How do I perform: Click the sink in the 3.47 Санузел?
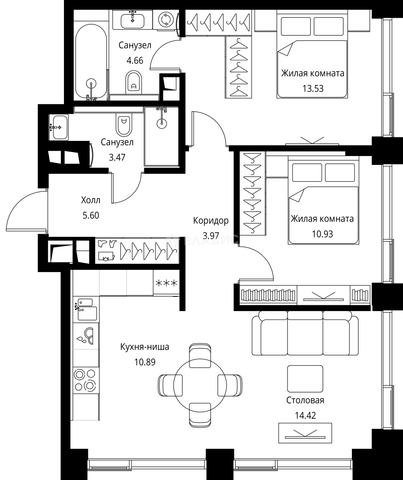tap(59, 127)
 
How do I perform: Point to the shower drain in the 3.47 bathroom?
tap(162, 124)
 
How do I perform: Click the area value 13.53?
tap(313, 88)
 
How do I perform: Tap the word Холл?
tap(91, 200)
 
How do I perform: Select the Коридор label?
tap(211, 220)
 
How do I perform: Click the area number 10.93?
tap(322, 234)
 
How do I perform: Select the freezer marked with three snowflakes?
tap(166, 283)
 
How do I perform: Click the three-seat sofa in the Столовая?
tap(305, 333)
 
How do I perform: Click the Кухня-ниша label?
tap(145, 347)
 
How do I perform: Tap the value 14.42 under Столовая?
tap(305, 416)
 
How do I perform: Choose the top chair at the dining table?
tap(200, 355)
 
